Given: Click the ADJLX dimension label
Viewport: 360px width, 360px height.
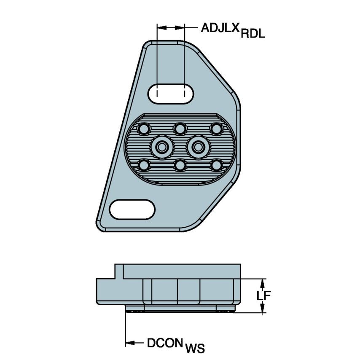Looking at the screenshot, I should (x=220, y=28).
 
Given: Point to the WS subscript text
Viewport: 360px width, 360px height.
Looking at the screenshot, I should (x=195, y=349).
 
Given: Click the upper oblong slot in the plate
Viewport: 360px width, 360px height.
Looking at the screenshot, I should (x=171, y=93).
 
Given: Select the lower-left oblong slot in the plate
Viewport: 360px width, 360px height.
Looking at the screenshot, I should (x=132, y=209).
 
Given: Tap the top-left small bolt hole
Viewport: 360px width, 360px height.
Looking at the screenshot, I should (x=144, y=128).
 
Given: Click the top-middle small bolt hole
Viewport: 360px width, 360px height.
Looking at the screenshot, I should (x=180, y=128).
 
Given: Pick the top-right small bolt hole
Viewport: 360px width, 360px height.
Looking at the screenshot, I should (x=216, y=128).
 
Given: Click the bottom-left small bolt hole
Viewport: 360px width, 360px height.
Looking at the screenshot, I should (x=144, y=164).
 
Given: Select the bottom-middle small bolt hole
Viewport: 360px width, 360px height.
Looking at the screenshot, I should (x=180, y=165).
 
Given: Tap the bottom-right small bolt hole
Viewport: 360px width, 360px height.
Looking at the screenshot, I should (x=216, y=164).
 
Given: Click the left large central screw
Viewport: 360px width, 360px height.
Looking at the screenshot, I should (x=162, y=146).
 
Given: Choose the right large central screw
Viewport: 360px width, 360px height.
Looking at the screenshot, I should (x=198, y=146).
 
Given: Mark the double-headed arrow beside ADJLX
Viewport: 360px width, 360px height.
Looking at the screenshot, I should (x=171, y=28).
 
